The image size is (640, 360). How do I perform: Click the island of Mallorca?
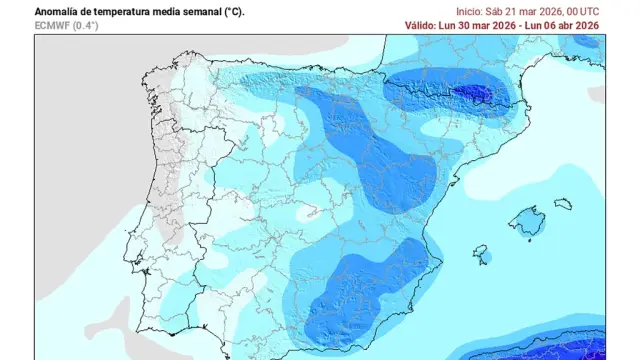pos(526,220)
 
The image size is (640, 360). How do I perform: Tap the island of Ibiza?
pos(481,252)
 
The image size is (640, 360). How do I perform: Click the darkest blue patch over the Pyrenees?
pos(469,93)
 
